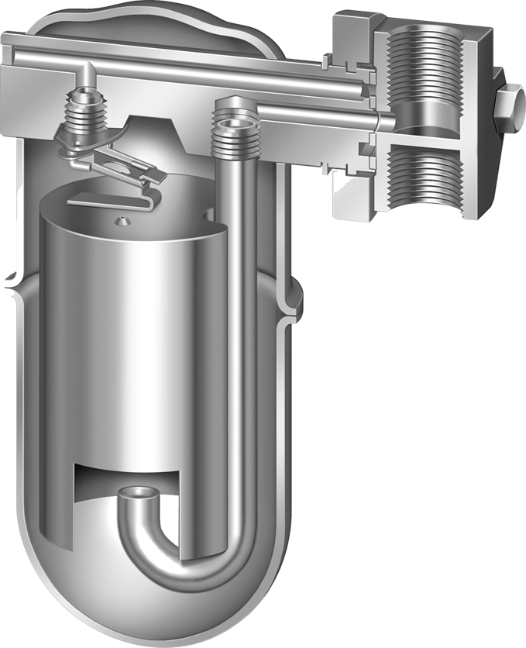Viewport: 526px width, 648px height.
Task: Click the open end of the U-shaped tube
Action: point(141,493)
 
